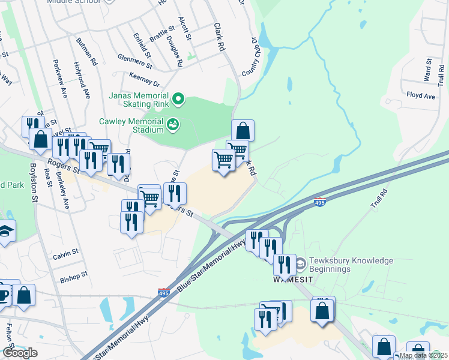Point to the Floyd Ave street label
click(x=420, y=95)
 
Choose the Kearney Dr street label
click(x=145, y=79)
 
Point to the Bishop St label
click(x=74, y=278)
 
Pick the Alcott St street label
click(x=186, y=29)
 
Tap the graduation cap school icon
click(x=5, y=232)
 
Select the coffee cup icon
click(x=4, y=295)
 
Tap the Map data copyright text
click(x=423, y=355)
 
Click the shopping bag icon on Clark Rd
click(x=243, y=131)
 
